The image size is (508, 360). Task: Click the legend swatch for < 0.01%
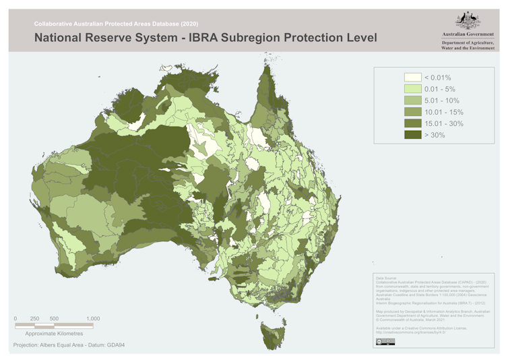[412, 78]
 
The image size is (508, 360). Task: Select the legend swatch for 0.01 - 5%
[412, 89]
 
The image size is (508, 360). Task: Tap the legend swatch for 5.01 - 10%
[412, 100]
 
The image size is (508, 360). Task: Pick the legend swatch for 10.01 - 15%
[412, 112]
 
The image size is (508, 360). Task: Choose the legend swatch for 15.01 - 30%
[412, 123]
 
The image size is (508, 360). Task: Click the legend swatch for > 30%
[412, 135]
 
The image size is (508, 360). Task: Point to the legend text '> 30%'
[435, 135]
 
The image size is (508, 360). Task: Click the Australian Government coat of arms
[468, 18]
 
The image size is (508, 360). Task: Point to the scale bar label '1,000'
[93, 318]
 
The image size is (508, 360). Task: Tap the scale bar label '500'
[54, 318]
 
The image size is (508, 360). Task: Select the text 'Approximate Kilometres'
[54, 334]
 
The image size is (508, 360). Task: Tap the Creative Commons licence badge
[385, 342]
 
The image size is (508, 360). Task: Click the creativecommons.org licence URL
[410, 332]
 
